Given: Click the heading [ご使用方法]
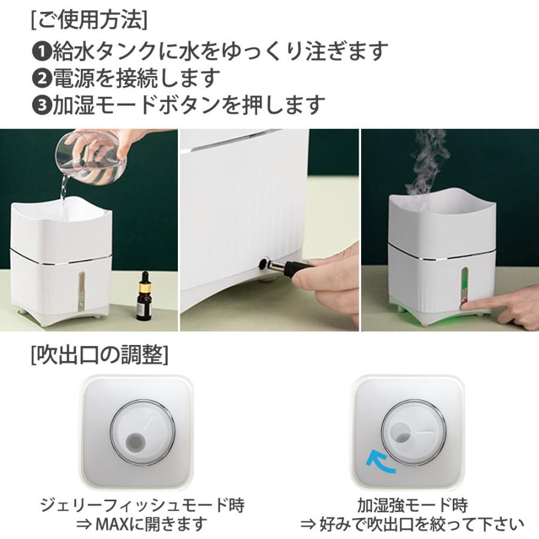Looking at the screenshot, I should point(89,19).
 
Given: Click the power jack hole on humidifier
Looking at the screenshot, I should point(264,262).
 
